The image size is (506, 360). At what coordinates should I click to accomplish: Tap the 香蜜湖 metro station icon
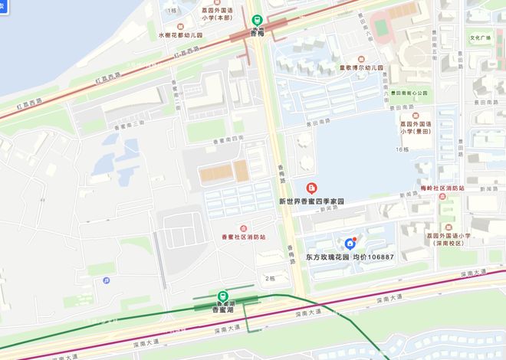(222, 296)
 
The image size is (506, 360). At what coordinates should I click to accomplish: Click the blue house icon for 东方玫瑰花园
(350, 244)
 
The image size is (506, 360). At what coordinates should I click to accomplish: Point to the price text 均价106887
(373, 257)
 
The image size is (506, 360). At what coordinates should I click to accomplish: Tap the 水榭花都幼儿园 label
(180, 35)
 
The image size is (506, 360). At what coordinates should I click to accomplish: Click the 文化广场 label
(481, 38)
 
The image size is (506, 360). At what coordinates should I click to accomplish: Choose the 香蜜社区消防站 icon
(243, 227)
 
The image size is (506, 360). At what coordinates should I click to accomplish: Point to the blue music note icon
(105, 280)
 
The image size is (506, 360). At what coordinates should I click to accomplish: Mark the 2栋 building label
(270, 278)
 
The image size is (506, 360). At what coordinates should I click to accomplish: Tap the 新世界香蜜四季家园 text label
(311, 201)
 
